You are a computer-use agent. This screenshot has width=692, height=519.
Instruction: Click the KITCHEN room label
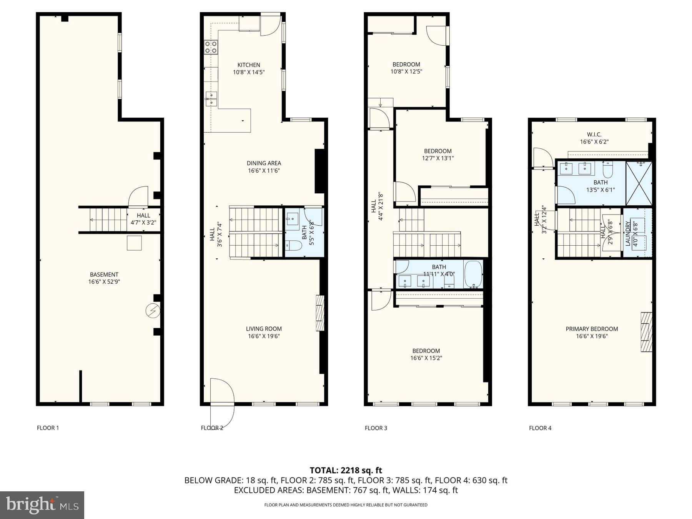click(x=249, y=65)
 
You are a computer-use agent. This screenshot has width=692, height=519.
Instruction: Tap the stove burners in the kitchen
click(x=211, y=47)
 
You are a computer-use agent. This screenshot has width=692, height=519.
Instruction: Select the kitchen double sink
click(x=211, y=98)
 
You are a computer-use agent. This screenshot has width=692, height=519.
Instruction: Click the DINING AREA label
click(x=264, y=163)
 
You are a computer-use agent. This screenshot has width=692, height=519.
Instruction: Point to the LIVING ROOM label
click(x=264, y=329)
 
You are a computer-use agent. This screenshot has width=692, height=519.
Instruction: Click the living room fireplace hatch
click(x=320, y=313)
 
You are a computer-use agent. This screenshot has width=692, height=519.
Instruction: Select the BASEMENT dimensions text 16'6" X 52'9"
click(x=104, y=282)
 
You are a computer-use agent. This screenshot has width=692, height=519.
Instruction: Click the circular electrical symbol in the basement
click(x=153, y=311)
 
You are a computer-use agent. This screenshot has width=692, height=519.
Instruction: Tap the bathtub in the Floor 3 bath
click(x=473, y=274)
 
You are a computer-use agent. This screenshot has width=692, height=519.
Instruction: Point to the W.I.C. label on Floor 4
click(x=594, y=135)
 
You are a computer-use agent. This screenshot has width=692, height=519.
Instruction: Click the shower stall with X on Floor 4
click(x=639, y=183)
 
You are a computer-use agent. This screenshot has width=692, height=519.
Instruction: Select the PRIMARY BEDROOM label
click(x=592, y=329)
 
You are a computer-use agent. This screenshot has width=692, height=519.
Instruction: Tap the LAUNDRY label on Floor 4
click(x=628, y=233)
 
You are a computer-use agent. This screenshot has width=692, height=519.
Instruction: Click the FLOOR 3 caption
click(x=376, y=428)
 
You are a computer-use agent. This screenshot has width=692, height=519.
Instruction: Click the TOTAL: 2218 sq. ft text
click(x=346, y=470)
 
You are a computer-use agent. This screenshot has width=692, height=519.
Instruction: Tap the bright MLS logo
click(x=42, y=505)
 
